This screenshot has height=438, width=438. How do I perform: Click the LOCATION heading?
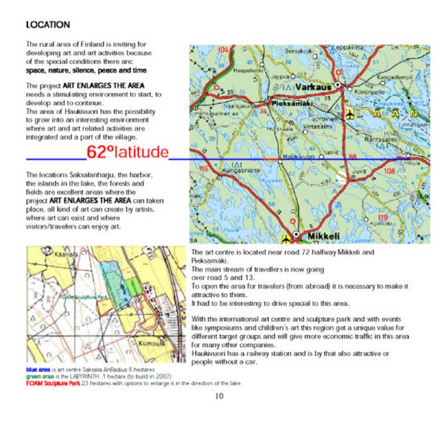[x=48, y=25]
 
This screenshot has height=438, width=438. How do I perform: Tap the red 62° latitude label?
[x=128, y=152]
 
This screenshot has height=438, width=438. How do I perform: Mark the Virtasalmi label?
[x=317, y=126]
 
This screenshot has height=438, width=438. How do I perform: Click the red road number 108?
[x=389, y=171]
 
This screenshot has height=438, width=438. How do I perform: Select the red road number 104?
[x=223, y=49]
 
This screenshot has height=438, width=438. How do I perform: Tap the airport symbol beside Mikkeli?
[x=287, y=238]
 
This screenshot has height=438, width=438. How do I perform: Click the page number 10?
[x=218, y=395]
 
